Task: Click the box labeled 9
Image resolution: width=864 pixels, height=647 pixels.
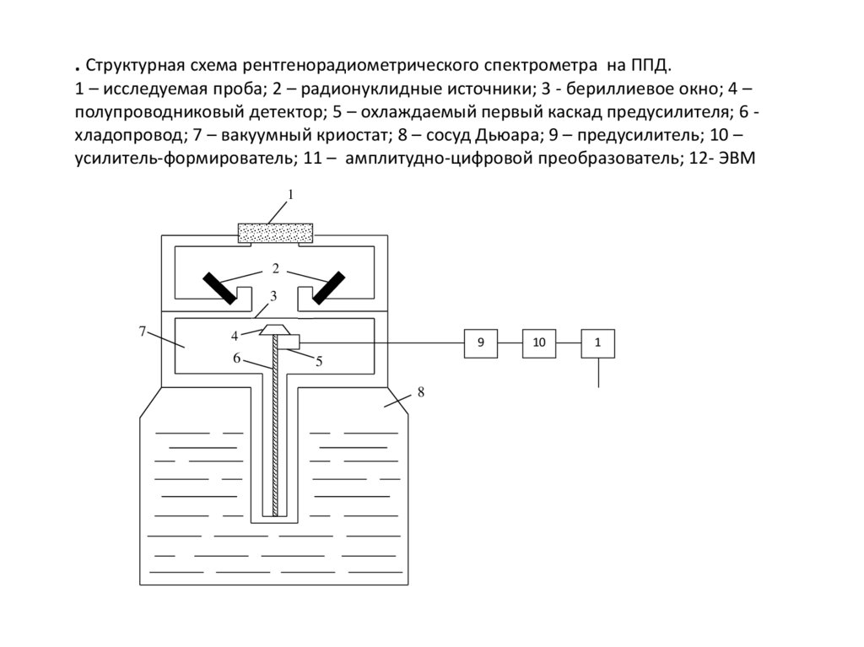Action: tap(480, 342)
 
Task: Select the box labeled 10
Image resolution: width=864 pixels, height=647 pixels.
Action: tap(539, 342)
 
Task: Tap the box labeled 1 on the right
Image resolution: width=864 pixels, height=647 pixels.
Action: tap(598, 342)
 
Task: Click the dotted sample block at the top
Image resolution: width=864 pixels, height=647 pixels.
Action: tap(276, 232)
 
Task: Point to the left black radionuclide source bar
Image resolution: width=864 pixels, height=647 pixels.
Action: tap(219, 288)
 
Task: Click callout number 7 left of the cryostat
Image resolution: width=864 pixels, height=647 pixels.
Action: tap(143, 331)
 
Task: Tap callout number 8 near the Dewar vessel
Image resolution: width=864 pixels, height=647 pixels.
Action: tap(420, 392)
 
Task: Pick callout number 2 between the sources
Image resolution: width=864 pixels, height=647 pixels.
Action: tap(275, 269)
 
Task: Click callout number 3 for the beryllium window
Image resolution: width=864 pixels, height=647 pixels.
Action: tap(273, 296)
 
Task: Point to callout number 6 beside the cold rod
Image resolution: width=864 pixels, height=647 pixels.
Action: tap(237, 358)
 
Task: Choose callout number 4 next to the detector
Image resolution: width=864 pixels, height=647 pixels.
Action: tap(235, 336)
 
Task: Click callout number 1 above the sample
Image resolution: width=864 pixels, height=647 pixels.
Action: tap(290, 195)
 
